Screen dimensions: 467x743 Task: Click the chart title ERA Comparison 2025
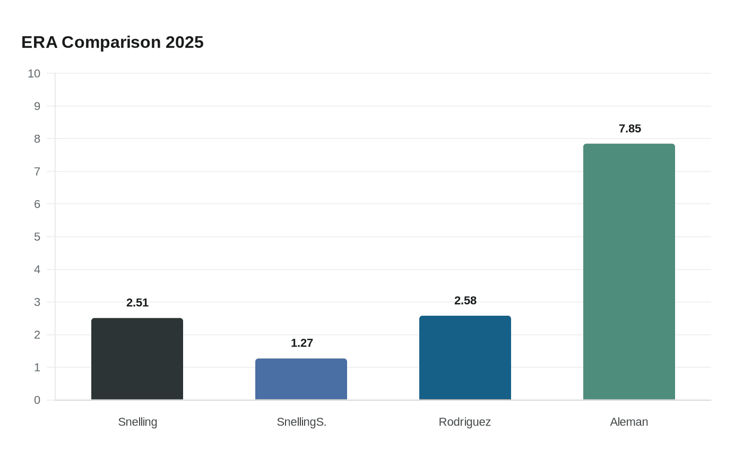113,42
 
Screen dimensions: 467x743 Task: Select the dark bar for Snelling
137,359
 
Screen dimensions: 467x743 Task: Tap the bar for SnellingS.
301,379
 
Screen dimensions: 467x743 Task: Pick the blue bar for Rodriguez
465,358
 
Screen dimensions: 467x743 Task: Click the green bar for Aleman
629,272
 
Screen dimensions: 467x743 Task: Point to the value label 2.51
137,303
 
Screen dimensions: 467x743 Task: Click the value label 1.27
301,343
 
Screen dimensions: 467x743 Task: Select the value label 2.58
465,301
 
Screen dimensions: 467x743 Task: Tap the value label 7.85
629,129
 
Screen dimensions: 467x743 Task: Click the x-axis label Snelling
137,422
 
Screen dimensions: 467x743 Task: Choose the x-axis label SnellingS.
301,422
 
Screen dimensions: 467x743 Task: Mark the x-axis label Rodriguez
465,422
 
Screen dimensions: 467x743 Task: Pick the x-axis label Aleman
629,422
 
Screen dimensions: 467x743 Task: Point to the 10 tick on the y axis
34,74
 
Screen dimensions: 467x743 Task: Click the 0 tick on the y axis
37,400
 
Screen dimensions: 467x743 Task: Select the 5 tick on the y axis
37,237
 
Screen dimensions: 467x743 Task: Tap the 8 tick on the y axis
37,139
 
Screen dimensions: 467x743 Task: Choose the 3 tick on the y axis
37,302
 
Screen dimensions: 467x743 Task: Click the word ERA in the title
39,42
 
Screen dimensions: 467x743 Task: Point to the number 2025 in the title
184,42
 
